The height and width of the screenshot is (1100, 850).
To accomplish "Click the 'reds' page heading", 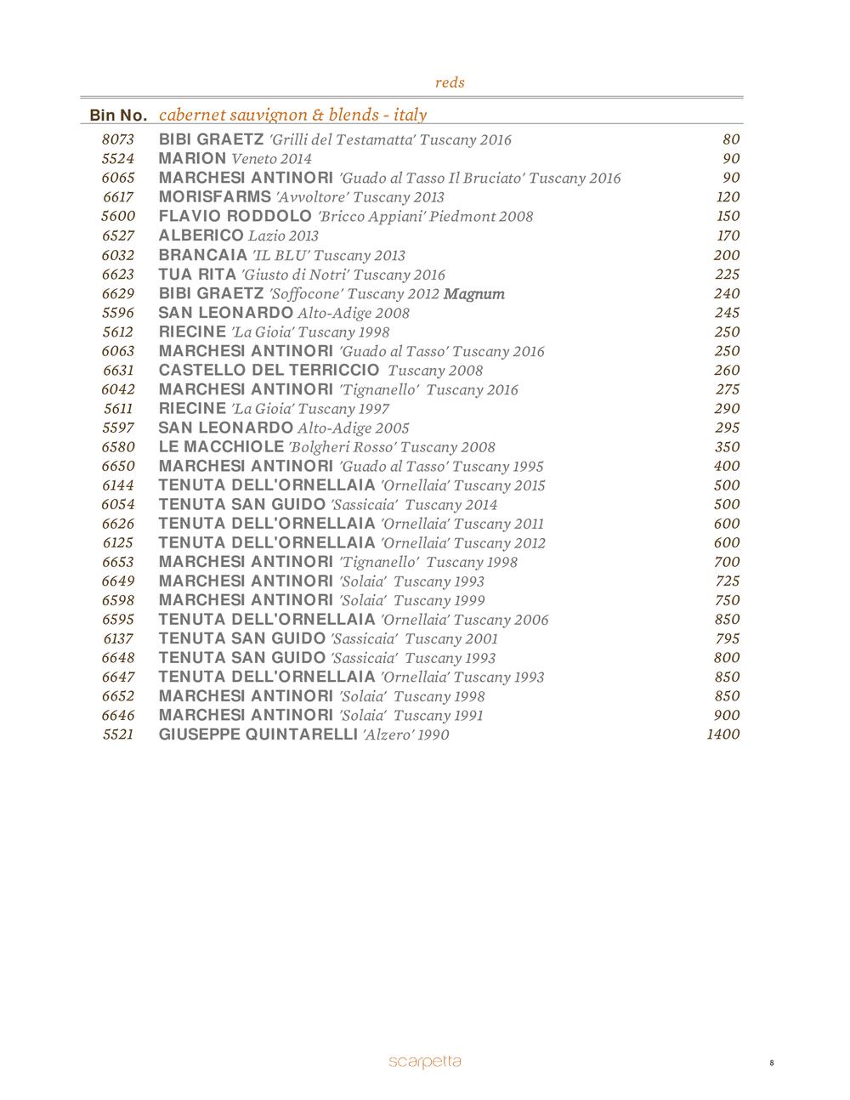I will point(450,82).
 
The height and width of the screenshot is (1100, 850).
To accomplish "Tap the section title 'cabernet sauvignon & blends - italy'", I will point(292,115).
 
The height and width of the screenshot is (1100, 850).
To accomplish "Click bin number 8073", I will point(118,139).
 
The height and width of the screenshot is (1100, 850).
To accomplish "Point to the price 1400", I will point(722,734).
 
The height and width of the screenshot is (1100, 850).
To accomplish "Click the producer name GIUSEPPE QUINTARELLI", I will point(258,734).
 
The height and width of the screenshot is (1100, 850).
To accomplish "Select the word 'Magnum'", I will point(474,294).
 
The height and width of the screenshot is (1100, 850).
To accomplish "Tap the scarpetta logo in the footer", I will point(425,1061).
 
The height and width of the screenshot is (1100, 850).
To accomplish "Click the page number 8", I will point(771,1063).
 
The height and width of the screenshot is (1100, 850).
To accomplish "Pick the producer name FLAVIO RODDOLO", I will point(235,216).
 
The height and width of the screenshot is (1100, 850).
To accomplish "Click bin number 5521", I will point(118,734).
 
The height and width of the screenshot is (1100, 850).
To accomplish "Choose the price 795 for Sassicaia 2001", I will point(727,638).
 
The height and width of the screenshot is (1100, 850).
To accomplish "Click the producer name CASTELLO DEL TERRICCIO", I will point(269,370).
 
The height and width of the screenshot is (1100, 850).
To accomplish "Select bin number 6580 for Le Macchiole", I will point(118,447).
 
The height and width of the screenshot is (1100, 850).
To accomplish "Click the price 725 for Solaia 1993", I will point(727,581).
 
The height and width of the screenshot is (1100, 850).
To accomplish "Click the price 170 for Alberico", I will point(727,235).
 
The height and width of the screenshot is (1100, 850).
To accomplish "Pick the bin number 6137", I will point(118,638).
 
